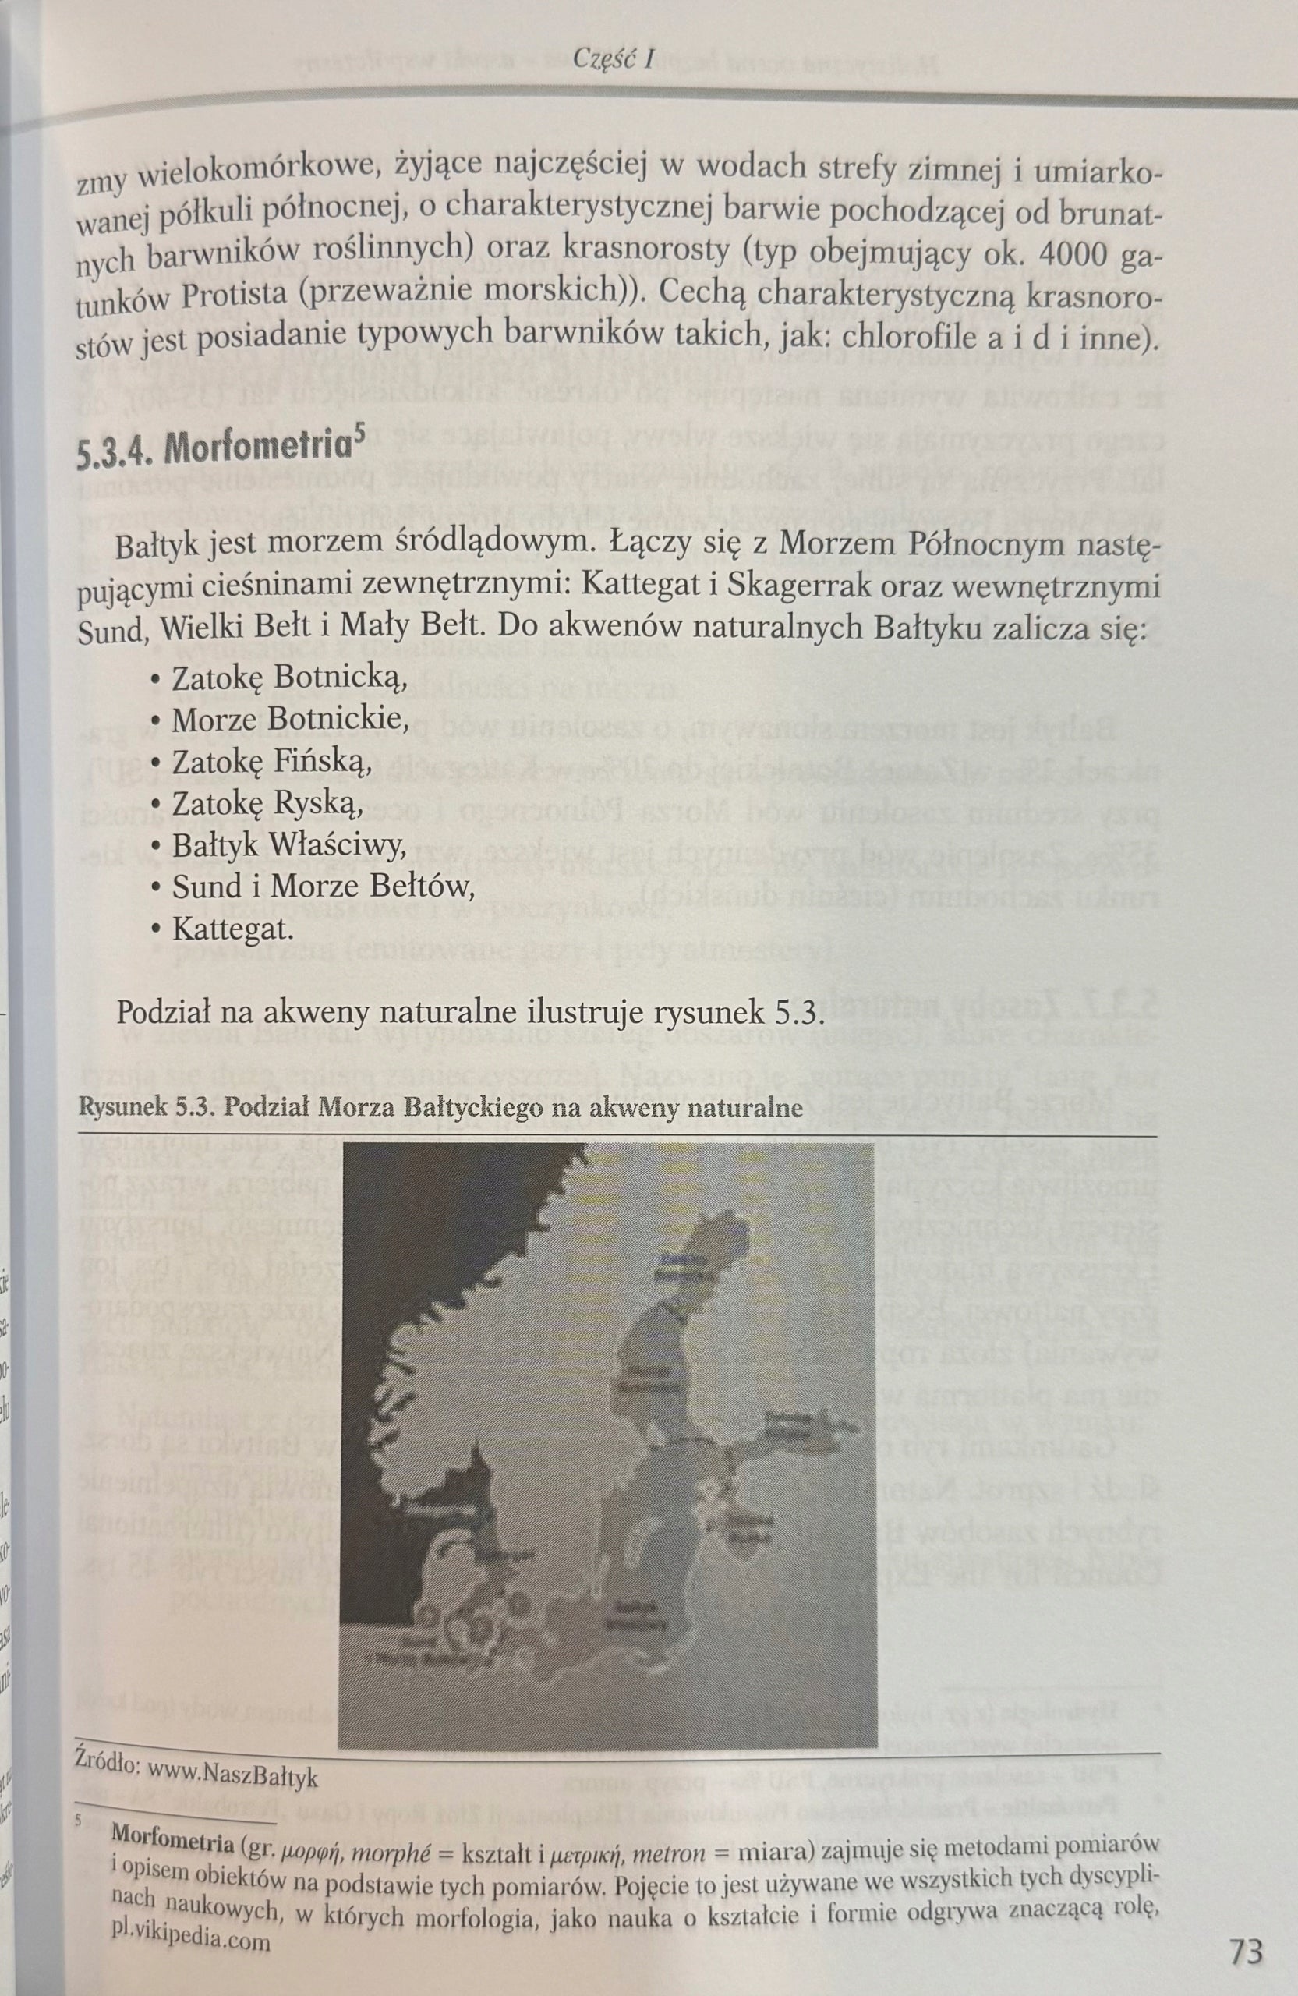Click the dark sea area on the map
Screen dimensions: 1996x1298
(x=419, y=1300)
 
